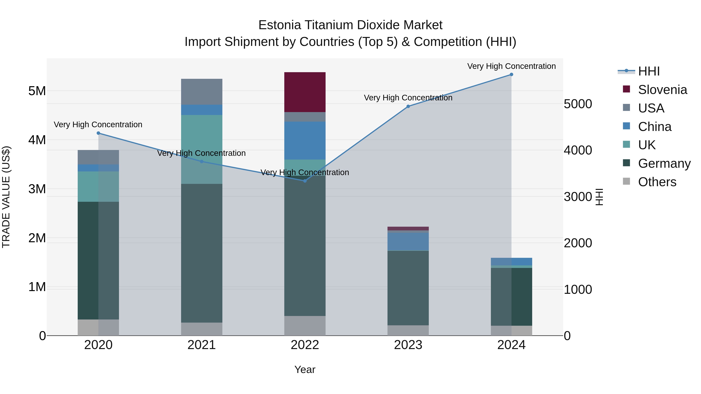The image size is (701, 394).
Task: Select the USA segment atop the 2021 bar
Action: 202,92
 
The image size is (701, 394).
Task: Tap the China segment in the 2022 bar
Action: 305,140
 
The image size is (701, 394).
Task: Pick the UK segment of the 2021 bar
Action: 202,149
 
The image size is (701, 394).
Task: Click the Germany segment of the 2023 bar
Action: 408,288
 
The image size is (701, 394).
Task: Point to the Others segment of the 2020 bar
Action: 98,327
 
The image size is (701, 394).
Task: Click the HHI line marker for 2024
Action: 511,75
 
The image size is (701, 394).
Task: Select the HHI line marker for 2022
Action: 305,181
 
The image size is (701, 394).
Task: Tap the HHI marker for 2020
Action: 99,133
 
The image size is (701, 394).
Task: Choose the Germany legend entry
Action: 664,163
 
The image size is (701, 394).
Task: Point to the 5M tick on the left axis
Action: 37,91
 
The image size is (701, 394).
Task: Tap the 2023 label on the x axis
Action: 408,345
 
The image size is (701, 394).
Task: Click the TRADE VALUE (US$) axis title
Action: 6,197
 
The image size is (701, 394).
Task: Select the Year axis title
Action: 305,369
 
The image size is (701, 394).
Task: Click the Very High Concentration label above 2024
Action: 511,66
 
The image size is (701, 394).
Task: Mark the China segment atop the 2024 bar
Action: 511,261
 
